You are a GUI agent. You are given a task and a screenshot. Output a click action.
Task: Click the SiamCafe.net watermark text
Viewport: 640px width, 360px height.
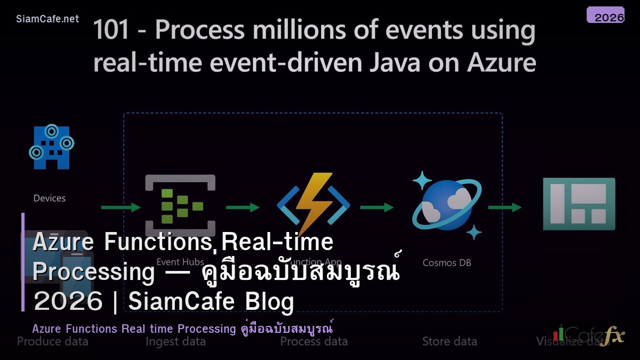47,19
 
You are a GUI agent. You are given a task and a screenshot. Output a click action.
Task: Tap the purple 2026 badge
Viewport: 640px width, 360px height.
605,15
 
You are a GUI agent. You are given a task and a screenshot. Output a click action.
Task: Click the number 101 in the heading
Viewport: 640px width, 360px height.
111,30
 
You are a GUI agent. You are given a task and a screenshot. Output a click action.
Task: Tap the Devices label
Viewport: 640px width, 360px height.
50,198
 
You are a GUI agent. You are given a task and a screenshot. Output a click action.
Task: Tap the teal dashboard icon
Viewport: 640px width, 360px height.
579,204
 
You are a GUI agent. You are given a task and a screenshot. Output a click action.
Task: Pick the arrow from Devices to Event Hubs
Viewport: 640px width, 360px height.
121,207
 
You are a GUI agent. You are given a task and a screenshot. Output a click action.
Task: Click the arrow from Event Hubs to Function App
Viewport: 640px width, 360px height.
243,207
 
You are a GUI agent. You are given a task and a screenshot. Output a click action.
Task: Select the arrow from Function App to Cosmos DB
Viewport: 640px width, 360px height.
377,207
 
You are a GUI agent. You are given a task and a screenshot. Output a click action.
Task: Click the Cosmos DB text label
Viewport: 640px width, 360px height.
446,262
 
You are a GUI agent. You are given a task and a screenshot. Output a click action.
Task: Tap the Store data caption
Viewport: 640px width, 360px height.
450,341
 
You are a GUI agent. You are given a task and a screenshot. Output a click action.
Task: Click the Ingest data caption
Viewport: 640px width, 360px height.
175,341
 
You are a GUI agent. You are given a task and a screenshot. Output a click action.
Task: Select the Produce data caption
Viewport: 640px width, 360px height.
52,341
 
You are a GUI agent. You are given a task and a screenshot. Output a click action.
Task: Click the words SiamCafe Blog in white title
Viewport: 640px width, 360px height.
211,302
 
